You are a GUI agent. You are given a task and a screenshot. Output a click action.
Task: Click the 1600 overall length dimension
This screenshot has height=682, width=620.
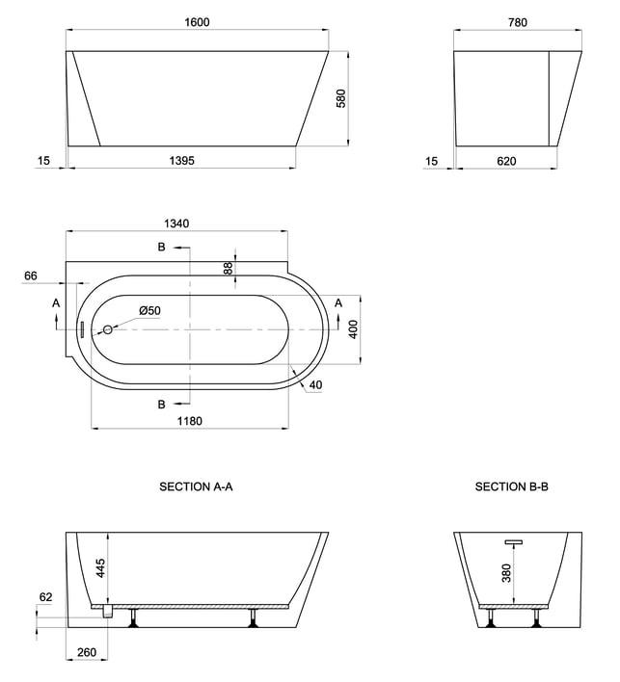(x=197, y=22)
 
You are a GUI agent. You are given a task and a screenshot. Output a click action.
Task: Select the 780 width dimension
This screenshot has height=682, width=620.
(x=517, y=22)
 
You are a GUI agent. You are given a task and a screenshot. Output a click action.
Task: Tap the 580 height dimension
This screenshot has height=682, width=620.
(x=341, y=98)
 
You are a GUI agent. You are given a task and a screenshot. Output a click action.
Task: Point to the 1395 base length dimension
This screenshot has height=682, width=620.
(x=181, y=161)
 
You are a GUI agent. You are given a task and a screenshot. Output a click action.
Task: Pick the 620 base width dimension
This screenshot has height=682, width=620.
(x=506, y=162)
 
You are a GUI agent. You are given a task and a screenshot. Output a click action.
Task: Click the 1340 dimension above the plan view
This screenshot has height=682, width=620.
(x=176, y=223)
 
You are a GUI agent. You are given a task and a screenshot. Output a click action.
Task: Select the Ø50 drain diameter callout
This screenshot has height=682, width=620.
(x=149, y=310)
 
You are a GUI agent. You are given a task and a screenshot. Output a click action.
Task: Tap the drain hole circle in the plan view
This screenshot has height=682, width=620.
(x=108, y=329)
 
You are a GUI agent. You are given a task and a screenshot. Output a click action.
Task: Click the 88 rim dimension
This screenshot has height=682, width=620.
(x=229, y=268)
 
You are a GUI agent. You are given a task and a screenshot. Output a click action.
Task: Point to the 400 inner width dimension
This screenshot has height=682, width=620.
(x=353, y=329)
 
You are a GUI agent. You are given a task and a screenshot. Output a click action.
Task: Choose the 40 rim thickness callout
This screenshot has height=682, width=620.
(x=315, y=385)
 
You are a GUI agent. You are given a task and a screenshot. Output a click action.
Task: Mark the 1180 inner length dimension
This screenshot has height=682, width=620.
(x=190, y=421)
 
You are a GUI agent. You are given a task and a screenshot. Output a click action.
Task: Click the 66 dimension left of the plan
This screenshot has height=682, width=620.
(x=31, y=275)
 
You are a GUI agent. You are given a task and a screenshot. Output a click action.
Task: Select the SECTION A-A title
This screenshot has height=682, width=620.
(x=196, y=486)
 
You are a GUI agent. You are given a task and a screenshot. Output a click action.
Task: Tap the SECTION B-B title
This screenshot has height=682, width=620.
(x=512, y=486)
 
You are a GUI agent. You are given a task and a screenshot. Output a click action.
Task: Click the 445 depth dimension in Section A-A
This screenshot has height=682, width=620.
(x=100, y=568)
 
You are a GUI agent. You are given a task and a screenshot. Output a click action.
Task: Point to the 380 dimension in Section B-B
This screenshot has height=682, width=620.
(x=506, y=573)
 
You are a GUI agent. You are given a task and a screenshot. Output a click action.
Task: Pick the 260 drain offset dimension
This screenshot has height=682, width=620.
(x=87, y=652)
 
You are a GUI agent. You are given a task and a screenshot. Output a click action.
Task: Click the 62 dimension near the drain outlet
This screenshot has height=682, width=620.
(x=45, y=597)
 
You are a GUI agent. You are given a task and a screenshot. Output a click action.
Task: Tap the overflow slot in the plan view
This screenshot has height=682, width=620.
(x=83, y=329)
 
